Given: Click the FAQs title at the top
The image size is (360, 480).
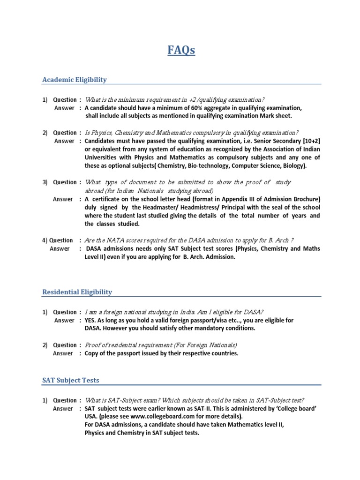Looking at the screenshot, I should tap(180, 50).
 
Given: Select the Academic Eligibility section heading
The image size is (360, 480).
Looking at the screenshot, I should tap(75, 80).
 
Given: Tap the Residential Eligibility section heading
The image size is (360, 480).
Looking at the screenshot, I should tap(77, 292).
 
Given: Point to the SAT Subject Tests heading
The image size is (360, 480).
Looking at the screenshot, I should tap(71, 380).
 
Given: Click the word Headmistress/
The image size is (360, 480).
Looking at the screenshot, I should tap(210, 208).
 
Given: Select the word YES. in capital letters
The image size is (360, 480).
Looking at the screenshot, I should tap(92, 321).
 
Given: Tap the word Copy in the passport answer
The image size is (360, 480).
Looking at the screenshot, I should tap(92, 353).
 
